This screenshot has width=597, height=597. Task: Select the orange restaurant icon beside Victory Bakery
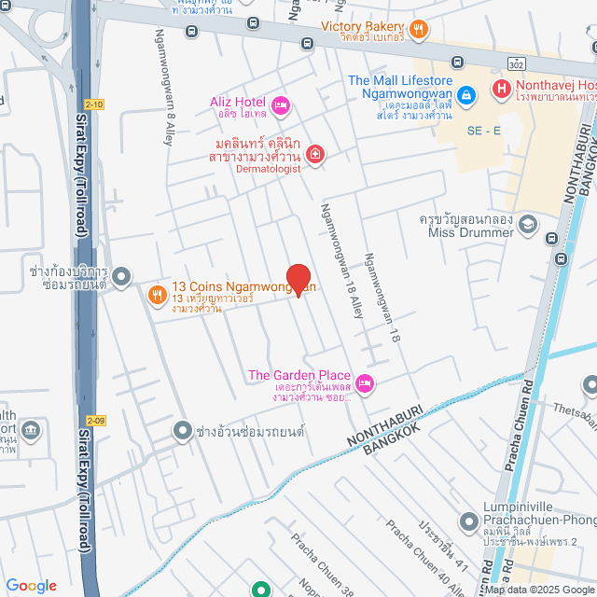420,28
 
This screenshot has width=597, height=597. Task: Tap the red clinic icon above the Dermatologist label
315,154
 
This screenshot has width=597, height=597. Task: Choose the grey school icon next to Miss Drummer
529,225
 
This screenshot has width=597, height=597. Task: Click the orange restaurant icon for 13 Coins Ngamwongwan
157,295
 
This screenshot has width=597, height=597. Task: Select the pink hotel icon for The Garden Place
366,382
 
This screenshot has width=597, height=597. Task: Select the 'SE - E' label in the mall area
484,130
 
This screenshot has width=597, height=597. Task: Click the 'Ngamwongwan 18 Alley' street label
341,261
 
